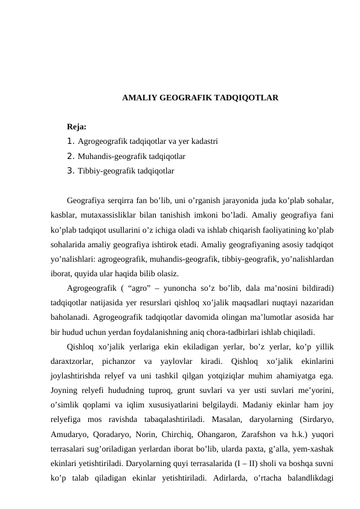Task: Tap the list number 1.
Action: click(x=71, y=141)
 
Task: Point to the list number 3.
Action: click(x=71, y=171)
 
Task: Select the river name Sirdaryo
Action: click(x=317, y=419)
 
